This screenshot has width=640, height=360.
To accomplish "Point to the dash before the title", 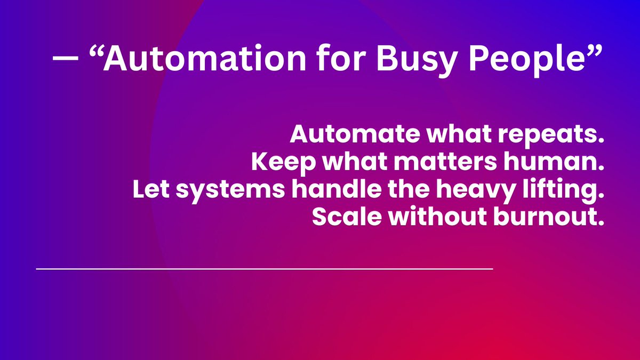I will coord(64,60).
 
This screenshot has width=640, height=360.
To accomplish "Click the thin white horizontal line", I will coord(265,269).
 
